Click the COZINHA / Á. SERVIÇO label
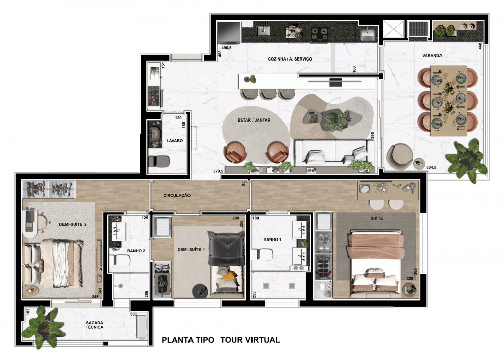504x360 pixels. click(290, 59)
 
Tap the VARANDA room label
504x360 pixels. click(432, 56)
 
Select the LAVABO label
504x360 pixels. click(175, 141)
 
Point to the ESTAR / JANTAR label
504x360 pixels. click(254, 120)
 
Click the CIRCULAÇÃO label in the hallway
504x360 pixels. click(177, 196)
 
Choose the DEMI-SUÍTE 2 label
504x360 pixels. click(73, 225)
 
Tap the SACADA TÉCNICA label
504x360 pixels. click(95, 325)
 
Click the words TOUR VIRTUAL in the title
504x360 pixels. click(250, 340)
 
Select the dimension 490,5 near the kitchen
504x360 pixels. click(226, 48)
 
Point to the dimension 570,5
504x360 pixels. click(218, 171)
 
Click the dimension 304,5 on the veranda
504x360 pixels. click(432, 167)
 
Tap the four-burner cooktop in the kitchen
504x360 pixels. click(320, 34)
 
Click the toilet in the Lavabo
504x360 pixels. click(159, 161)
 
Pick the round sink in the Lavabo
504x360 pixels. click(156, 134)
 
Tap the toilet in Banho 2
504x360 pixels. click(119, 259)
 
